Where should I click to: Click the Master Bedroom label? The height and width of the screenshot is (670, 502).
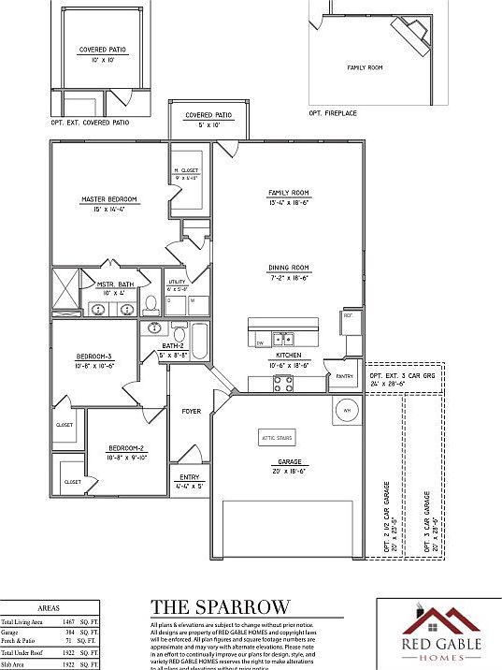109,199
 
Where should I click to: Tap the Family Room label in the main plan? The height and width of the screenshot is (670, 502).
288,193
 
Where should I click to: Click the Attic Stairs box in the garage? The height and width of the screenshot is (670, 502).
277,437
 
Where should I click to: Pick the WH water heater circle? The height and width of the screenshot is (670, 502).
345,410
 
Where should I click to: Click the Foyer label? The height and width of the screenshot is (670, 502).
191,409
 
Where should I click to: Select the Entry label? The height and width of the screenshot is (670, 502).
189,477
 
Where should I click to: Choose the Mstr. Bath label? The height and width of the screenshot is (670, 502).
116,284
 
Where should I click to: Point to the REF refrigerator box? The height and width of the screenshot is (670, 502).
349,316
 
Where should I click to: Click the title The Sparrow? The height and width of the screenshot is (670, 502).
221,607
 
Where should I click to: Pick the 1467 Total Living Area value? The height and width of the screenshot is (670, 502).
68,621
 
